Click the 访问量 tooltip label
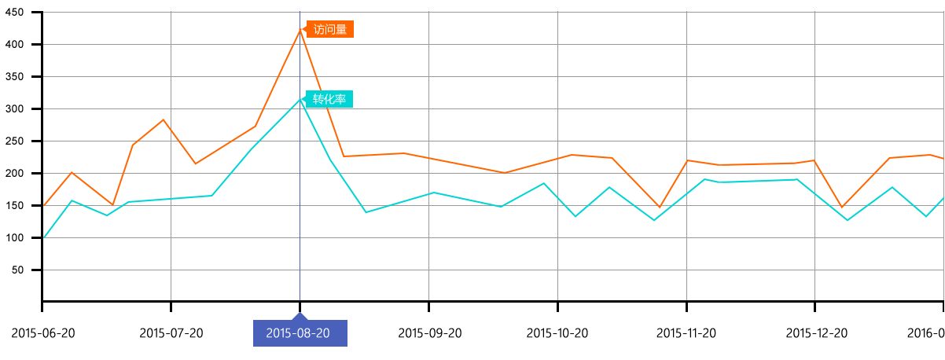[329, 30]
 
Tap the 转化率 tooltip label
[329, 100]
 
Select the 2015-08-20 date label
[299, 332]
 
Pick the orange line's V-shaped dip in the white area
[660, 207]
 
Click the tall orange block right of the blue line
[440, 63]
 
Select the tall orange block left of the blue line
[169, 71]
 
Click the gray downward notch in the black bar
[815, 292]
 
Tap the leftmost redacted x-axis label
[43, 332]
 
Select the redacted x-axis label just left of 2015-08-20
[171, 332]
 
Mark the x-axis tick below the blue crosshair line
[299, 306]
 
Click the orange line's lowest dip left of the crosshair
[114, 204]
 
